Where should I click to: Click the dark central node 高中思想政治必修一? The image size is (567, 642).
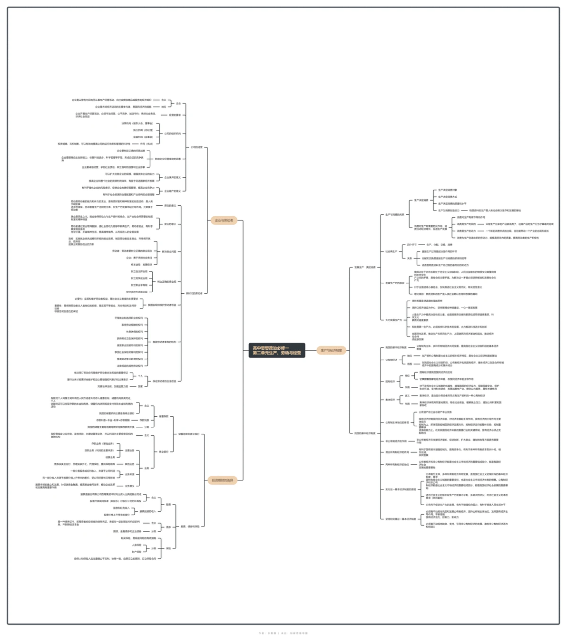pos(276,350)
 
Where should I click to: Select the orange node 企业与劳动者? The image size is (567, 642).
pos(224,220)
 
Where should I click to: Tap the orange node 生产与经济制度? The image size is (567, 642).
pos(331,350)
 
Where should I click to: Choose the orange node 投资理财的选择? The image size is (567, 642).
pos(223,480)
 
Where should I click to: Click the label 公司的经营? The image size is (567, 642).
pos(196,147)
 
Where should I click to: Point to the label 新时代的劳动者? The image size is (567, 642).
pos(194,293)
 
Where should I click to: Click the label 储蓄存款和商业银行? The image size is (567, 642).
pos(189,434)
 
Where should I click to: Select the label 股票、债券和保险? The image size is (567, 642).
pos(190,526)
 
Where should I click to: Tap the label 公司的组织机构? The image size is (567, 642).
pos(173,134)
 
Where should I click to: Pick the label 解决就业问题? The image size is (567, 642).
pos(169,251)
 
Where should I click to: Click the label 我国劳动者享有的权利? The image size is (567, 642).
pos(164,342)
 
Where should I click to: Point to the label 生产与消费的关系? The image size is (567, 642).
pos(395,215)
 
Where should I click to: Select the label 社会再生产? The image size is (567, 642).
pos(391,251)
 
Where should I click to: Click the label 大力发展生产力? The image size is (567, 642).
pos(393,320)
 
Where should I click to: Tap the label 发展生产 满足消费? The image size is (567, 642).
pos(365,268)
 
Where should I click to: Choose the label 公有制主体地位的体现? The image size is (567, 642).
pos(397,422)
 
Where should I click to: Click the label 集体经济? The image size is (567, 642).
pos(390,400)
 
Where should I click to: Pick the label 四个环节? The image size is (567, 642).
pos(411,245)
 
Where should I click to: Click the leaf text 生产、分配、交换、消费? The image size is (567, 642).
pos(439,245)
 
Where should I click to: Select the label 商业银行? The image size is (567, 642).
pos(164,452)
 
